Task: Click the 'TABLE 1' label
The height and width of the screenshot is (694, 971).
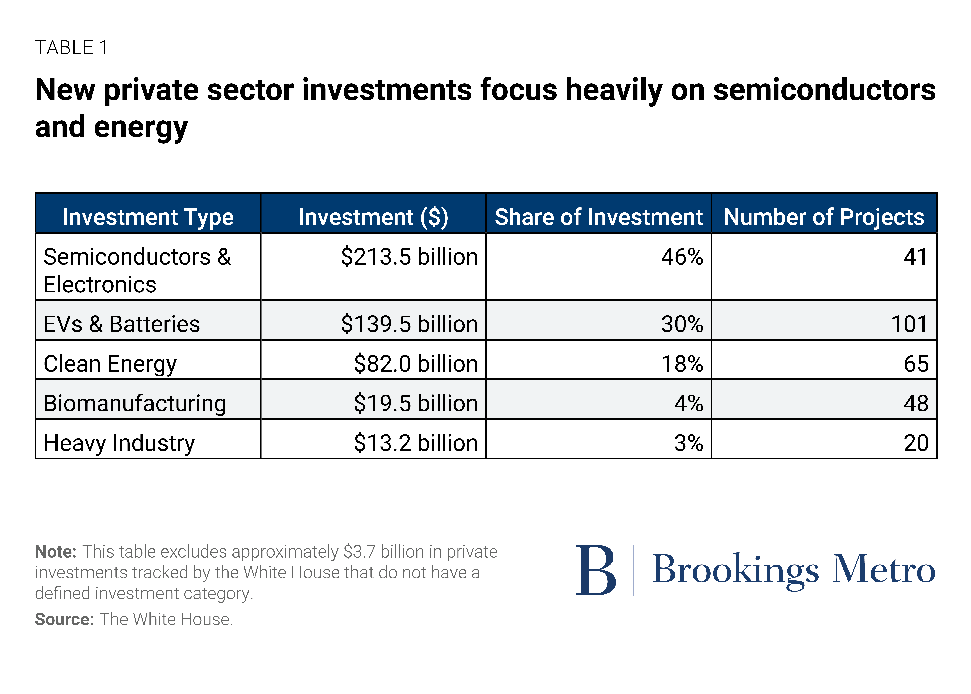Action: click(71, 47)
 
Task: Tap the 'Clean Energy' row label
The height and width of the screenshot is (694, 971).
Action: click(110, 364)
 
